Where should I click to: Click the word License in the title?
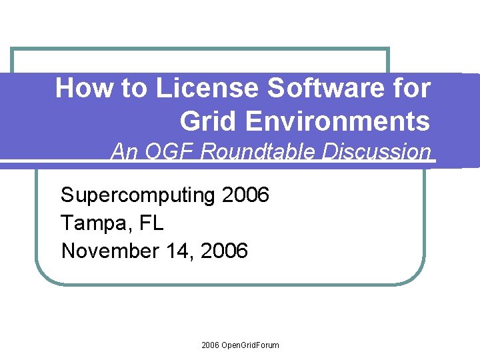[207, 89]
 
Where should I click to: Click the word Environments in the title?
[338, 121]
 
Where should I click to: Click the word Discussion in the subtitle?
[378, 152]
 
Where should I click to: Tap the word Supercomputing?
[137, 196]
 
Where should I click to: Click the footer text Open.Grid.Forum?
[249, 345]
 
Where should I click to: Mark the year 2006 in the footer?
[209, 345]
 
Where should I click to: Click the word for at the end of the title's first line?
[413, 89]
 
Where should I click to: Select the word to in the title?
[135, 89]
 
